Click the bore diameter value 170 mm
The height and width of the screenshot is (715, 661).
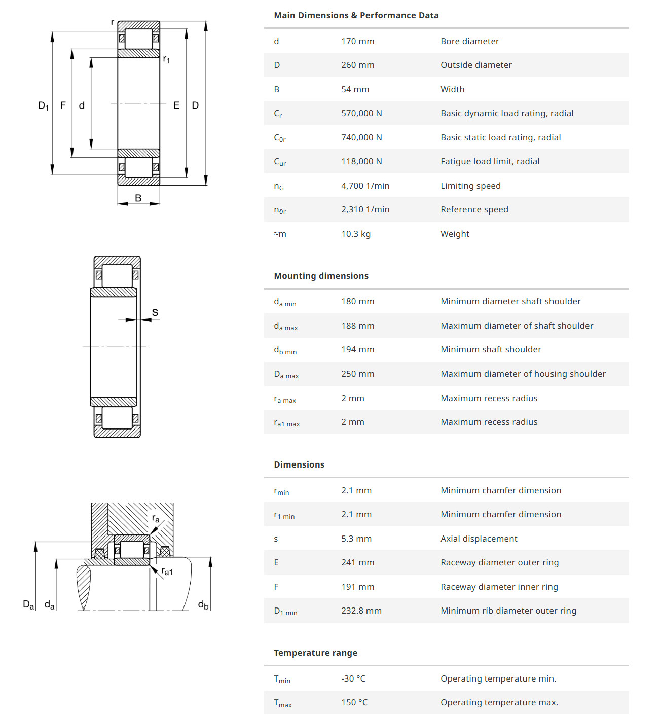pyautogui.click(x=357, y=41)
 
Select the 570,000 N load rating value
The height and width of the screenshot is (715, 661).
pyautogui.click(x=361, y=113)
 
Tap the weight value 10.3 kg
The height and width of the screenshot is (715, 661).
pyautogui.click(x=355, y=234)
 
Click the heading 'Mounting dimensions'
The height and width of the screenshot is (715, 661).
pyautogui.click(x=321, y=276)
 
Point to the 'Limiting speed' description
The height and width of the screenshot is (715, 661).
pyautogui.click(x=470, y=186)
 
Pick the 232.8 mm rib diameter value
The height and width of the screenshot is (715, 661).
pyautogui.click(x=361, y=611)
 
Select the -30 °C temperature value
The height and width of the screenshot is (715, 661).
pyautogui.click(x=353, y=678)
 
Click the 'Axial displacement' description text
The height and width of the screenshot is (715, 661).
pyautogui.click(x=479, y=539)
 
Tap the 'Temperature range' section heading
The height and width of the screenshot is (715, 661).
pyautogui.click(x=315, y=653)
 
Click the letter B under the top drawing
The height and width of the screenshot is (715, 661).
pyautogui.click(x=138, y=198)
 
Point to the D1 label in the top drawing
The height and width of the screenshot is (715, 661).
pyautogui.click(x=44, y=106)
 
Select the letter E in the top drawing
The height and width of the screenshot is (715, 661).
pyautogui.click(x=176, y=105)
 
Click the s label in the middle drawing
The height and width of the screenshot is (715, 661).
pyautogui.click(x=155, y=312)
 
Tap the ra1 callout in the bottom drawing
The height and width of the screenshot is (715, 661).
pyautogui.click(x=167, y=571)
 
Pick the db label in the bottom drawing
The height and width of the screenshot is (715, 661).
pyautogui.click(x=203, y=604)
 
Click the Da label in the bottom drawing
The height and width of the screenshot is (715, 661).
pyautogui.click(x=28, y=604)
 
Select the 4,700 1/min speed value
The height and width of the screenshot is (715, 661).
pyautogui.click(x=365, y=186)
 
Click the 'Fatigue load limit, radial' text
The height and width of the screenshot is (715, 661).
pyautogui.click(x=490, y=161)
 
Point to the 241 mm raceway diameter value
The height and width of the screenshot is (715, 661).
pyautogui.click(x=357, y=562)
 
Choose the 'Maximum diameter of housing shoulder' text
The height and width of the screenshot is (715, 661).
pyautogui.click(x=523, y=374)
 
